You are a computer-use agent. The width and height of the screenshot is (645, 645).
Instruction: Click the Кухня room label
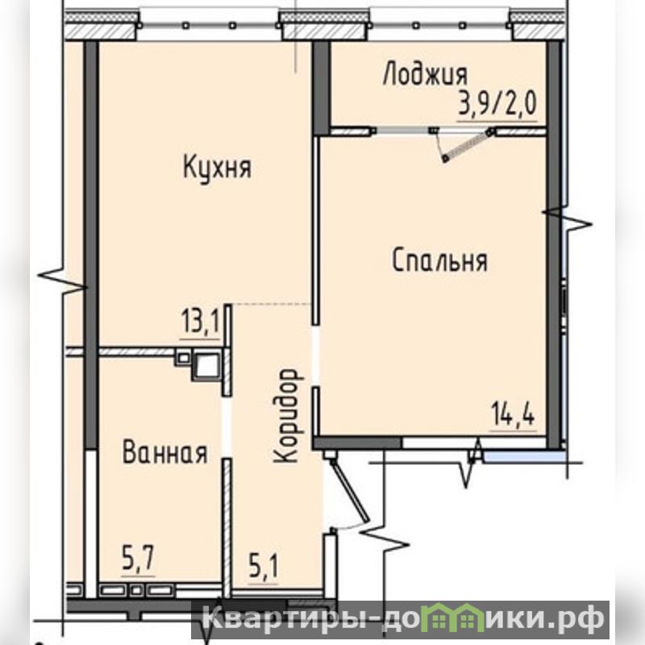pos(217,168)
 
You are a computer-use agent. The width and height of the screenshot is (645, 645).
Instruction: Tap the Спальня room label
pos(439,260)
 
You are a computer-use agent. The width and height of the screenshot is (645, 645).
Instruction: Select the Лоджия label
pos(426,75)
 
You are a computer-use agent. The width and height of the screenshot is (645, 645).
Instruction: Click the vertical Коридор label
pos(289,416)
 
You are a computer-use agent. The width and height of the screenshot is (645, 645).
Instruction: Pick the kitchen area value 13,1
pos(200,322)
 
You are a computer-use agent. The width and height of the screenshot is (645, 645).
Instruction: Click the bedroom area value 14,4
pos(514,414)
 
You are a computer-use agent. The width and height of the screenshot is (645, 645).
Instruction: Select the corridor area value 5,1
pos(264,566)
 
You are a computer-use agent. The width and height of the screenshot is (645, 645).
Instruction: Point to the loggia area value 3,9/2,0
pos(497,103)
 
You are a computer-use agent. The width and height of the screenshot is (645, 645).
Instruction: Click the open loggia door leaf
pos(468,145)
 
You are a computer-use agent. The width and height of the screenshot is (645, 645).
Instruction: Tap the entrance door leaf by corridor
pos(350,490)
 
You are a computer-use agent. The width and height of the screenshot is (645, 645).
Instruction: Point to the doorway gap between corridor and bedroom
pos(316,356)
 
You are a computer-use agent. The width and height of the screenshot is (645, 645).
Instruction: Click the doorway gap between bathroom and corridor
pos(227,427)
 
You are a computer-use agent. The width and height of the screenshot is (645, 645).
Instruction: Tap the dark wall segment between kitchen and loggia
pos(321,88)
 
